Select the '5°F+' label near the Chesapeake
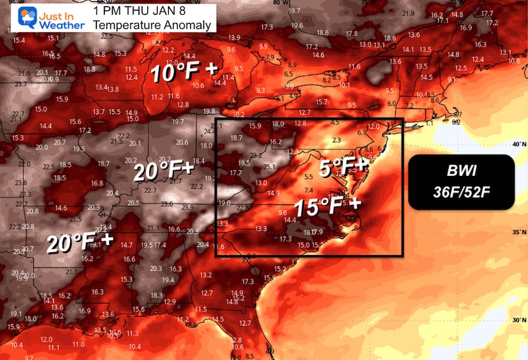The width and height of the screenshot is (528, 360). click(x=343, y=167)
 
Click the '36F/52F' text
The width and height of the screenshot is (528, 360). click(x=461, y=190)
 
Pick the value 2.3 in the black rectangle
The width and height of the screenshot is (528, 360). click(x=337, y=140)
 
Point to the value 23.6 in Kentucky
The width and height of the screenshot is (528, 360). click(x=167, y=204)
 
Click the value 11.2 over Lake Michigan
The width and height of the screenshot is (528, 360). click(x=157, y=97)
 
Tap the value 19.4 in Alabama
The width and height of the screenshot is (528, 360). click(x=167, y=279)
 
